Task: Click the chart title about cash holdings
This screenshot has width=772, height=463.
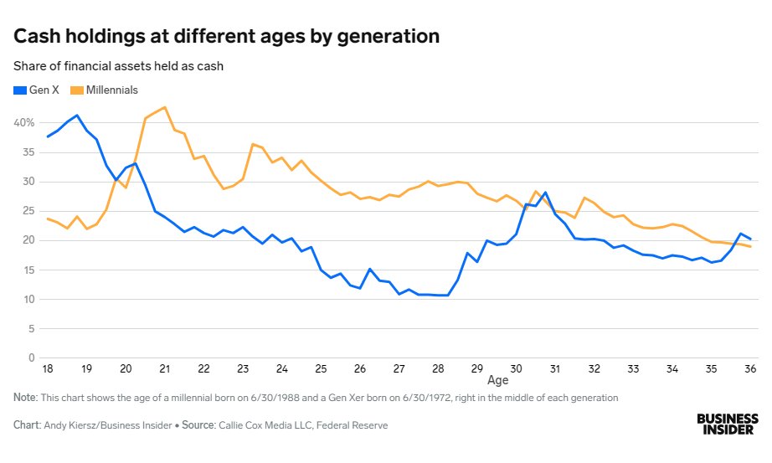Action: [x=226, y=37]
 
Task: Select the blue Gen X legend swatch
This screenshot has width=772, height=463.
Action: [x=19, y=90]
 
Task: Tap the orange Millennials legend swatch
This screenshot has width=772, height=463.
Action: [x=75, y=90]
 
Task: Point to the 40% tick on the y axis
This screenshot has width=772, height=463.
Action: [x=23, y=122]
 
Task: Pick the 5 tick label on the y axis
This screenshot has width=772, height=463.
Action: [x=31, y=328]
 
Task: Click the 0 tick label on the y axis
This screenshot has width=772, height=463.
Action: [x=31, y=358]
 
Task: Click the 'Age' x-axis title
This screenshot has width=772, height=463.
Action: [x=497, y=380]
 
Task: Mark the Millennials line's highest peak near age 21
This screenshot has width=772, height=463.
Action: [x=165, y=107]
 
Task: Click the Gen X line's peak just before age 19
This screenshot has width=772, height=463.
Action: [x=77, y=116]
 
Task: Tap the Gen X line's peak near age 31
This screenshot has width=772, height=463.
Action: [x=545, y=193]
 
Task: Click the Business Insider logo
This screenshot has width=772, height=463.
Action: [x=728, y=423]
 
